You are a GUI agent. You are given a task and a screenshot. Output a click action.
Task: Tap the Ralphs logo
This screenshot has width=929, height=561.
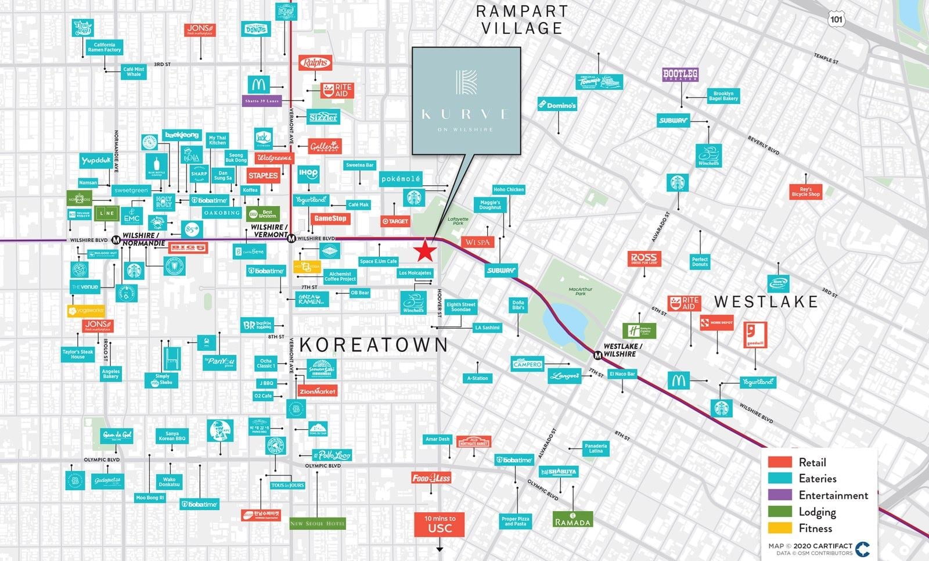pos(315,63)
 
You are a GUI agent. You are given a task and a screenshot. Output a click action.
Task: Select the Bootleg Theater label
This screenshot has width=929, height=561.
pos(680,74)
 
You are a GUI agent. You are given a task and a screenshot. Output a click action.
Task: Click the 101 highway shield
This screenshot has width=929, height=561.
pos(836,19)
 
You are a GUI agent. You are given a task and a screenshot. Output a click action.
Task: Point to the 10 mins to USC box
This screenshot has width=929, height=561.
pos(440,524)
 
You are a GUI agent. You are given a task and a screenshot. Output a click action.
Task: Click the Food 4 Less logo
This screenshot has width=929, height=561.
pos(431,478)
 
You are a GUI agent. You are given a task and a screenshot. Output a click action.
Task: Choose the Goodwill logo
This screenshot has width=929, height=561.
pos(755,335)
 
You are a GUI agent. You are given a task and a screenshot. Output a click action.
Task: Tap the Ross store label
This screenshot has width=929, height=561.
pos(644,258)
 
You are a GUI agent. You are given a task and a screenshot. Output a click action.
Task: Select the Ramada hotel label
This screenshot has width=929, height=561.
pos(573,520)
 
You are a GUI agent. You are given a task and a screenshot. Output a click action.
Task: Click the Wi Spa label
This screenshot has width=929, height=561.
pos(478,242)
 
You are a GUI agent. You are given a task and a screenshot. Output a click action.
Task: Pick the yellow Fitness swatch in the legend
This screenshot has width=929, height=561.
pos(780,528)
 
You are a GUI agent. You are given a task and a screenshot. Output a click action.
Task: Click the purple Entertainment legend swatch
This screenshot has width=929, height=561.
pos(780,495)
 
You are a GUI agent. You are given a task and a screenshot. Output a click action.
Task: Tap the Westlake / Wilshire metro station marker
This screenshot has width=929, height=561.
pos(597,355)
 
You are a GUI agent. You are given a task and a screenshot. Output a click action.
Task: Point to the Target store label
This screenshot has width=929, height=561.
pos(395,221)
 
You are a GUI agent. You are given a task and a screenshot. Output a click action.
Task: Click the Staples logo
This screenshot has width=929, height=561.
pos(262,175)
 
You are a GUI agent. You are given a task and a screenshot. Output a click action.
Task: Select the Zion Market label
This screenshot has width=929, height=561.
pos(317,391)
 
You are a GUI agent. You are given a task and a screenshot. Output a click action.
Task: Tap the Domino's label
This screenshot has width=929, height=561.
pos(557,105)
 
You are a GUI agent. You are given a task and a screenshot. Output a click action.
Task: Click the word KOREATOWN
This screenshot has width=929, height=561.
pos(374,345)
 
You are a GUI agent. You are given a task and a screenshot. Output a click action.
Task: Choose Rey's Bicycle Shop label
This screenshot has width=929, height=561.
pos(805,192)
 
